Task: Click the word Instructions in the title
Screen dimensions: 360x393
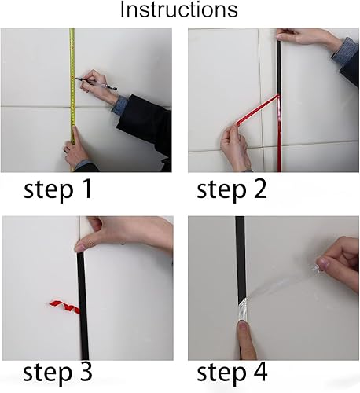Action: tap(179, 9)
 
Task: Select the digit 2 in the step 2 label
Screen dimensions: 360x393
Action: tap(259, 189)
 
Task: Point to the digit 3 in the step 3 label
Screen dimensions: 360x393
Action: tap(86, 372)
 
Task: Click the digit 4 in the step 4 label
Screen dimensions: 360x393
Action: tap(259, 372)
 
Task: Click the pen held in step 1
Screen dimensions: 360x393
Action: tap(96, 83)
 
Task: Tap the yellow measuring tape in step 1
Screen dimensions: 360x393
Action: tap(72, 100)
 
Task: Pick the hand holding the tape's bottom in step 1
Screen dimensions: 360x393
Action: tap(76, 148)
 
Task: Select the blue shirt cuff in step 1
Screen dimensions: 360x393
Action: tap(119, 105)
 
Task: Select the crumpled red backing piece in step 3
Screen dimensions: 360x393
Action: tap(64, 307)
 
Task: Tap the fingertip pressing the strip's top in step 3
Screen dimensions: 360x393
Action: tap(82, 247)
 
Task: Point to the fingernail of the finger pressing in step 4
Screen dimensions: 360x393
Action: tap(243, 326)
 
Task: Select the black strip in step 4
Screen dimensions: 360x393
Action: tap(241, 259)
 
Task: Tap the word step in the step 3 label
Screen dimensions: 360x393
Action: tap(48, 373)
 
